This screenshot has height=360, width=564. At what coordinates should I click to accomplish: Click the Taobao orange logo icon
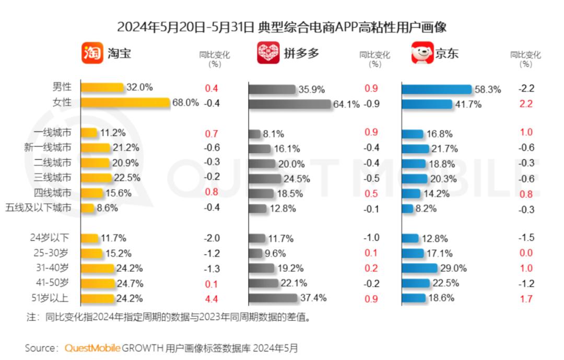pyautogui.click(x=92, y=53)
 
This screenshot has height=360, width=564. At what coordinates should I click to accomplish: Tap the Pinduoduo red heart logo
pyautogui.click(x=268, y=53)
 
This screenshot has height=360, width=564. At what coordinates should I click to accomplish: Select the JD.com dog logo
pyautogui.click(x=422, y=53)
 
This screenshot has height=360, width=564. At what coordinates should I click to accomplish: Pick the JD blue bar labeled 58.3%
pyautogui.click(x=437, y=89)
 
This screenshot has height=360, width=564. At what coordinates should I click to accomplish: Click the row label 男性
pyautogui.click(x=62, y=87)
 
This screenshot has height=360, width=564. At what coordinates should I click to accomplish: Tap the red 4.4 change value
pyautogui.click(x=211, y=299)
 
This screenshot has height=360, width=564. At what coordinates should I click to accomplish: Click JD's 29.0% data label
pyautogui.click(x=451, y=268)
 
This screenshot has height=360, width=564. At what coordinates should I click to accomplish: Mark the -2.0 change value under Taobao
pyautogui.click(x=211, y=238)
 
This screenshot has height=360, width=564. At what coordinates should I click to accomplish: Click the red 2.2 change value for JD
pyautogui.click(x=526, y=103)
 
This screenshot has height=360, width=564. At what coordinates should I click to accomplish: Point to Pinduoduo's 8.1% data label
pyautogui.click(x=274, y=134)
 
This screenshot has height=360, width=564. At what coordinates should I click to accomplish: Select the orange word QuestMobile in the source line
pyautogui.click(x=93, y=348)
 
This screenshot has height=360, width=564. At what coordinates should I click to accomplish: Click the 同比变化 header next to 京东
pyautogui.click(x=525, y=55)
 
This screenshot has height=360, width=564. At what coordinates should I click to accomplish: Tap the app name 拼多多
pyautogui.click(x=301, y=53)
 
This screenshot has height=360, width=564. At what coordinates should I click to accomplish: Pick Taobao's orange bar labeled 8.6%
pyautogui.click(x=88, y=208)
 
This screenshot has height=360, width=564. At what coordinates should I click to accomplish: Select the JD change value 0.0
pyautogui.click(x=526, y=253)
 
